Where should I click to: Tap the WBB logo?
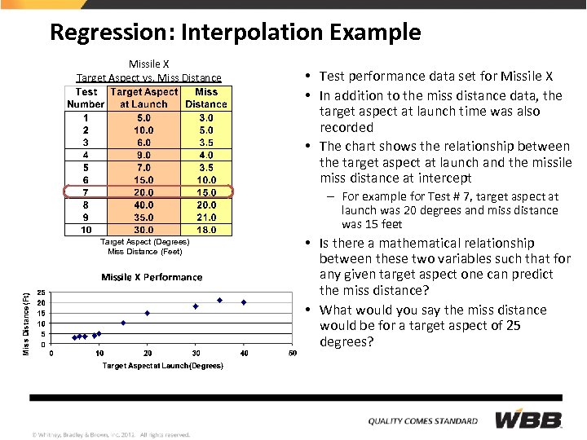[529, 420]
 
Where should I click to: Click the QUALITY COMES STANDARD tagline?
[422, 421]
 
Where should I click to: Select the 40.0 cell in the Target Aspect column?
[143, 205]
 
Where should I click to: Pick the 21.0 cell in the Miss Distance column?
[206, 218]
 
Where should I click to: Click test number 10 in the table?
[85, 230]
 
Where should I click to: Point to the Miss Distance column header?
[206, 98]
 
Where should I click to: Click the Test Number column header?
[85, 98]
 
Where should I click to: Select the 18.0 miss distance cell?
[206, 230]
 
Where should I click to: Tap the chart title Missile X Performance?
[152, 277]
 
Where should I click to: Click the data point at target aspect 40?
[244, 302]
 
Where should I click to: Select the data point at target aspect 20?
[148, 313]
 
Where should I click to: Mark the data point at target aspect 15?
[123, 323]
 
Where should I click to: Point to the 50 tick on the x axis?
[292, 353]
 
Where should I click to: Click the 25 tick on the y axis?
[41, 293]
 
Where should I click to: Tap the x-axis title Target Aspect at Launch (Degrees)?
[162, 366]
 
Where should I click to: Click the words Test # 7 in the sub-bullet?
[439, 196]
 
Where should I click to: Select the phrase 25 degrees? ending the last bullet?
[346, 341]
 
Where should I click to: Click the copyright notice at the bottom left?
[111, 434]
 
